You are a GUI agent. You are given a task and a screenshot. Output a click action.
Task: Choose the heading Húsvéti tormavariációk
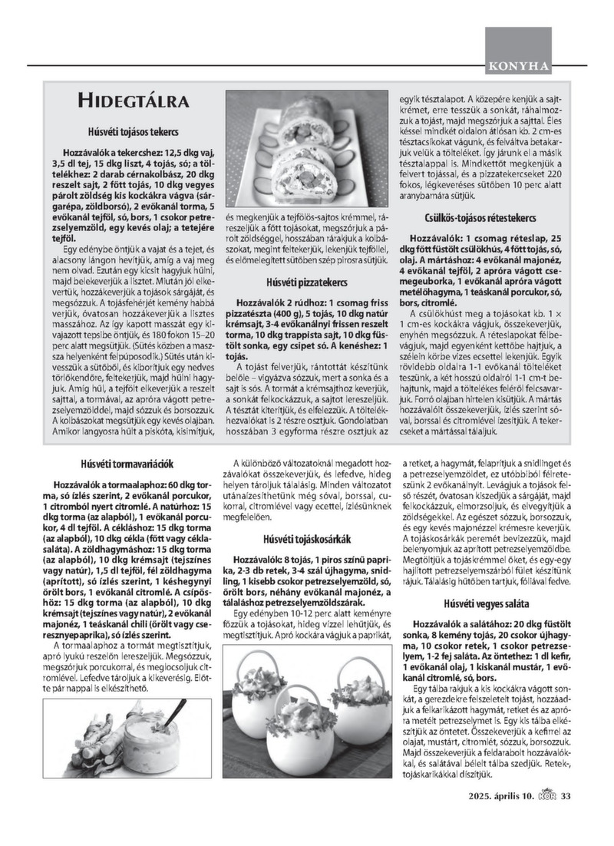[x=128, y=464]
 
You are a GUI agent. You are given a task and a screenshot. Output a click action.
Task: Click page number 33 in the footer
[x=566, y=795]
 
